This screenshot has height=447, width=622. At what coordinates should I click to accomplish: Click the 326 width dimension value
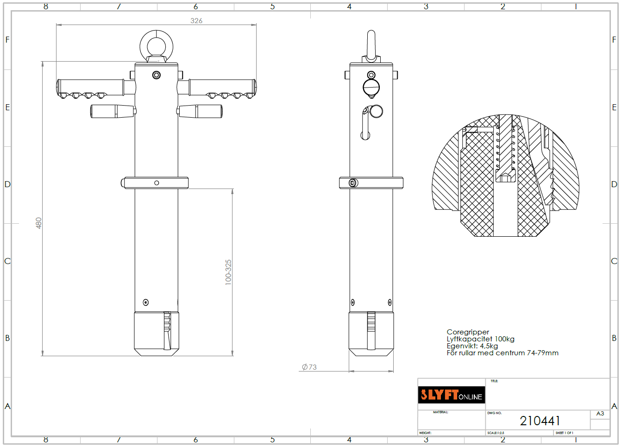coord(196,21)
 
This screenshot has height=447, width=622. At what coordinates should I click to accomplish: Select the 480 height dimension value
coord(38,223)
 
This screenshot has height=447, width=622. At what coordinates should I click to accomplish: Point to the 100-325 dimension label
coord(228,272)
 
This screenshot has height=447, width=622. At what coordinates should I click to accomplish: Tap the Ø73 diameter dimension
coord(309,367)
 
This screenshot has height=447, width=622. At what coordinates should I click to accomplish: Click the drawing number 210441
coord(540,421)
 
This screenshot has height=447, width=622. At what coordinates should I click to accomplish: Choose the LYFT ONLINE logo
coord(452,395)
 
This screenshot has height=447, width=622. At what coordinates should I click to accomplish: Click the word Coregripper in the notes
coord(468,332)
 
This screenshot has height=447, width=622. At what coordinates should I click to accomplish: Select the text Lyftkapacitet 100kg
coord(481,339)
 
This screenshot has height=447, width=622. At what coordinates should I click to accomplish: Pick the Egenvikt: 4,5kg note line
coord(472,346)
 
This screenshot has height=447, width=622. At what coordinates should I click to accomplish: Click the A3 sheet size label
coord(600,414)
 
